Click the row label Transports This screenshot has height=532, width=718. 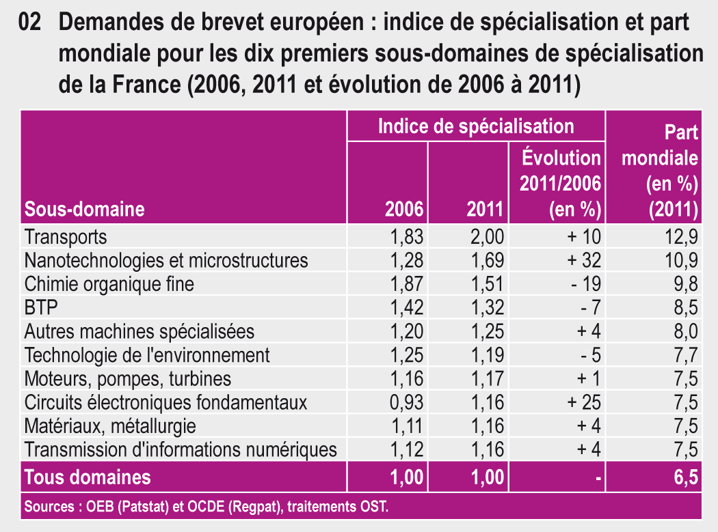tap(66, 237)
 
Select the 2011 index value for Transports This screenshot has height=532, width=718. tap(487, 237)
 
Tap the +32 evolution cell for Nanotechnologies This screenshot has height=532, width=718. tap(583, 260)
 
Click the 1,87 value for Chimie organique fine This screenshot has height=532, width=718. tap(407, 284)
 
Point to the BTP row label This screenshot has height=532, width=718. tap(40, 307)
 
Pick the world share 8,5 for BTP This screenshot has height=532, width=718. tap(684, 307)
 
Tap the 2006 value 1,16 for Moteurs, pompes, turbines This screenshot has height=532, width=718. tap(407, 378)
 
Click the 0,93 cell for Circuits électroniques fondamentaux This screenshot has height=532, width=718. tap(407, 402)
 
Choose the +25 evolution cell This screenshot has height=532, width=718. tap(583, 402)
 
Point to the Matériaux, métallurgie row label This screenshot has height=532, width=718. tap(110, 426)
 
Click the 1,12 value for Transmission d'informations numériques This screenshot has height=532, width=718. tap(407, 449)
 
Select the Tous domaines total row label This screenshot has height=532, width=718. tap(88, 477)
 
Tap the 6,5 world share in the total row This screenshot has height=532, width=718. tap(684, 477)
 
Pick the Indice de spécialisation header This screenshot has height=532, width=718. tap(476, 126)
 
